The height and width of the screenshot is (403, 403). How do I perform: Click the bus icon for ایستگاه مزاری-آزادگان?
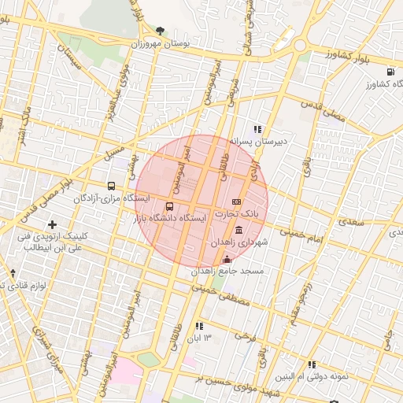[111, 187]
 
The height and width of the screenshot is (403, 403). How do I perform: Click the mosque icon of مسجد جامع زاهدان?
[227, 260]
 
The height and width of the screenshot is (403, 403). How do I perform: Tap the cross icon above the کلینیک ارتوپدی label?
[52, 224]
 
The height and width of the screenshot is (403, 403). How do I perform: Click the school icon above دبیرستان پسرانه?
[257, 129]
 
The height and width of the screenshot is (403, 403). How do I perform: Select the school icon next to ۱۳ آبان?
[199, 325]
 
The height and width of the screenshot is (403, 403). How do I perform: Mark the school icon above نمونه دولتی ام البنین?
[312, 365]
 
